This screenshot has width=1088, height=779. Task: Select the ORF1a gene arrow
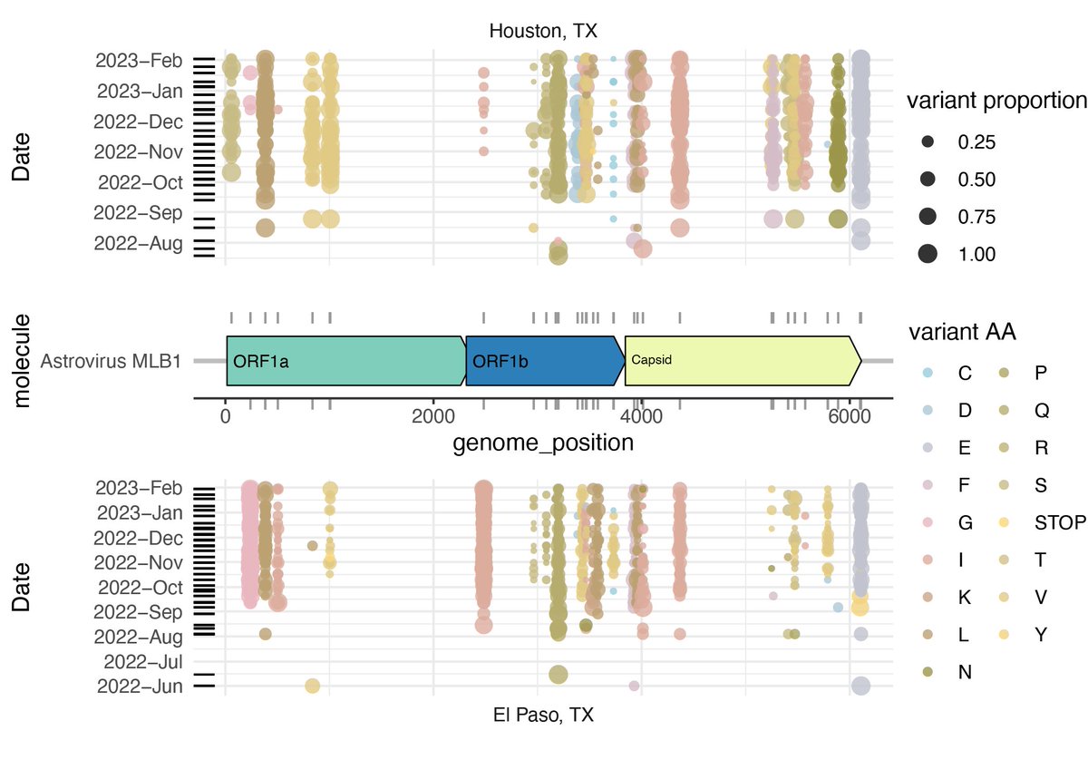pyautogui.click(x=345, y=360)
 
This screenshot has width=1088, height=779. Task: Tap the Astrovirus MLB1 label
pyautogui.click(x=112, y=361)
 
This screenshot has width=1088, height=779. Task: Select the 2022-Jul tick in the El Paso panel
pyautogui.click(x=144, y=661)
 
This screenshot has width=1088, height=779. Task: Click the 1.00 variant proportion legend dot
pyautogui.click(x=928, y=254)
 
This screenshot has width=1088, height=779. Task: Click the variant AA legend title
pyautogui.click(x=960, y=333)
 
